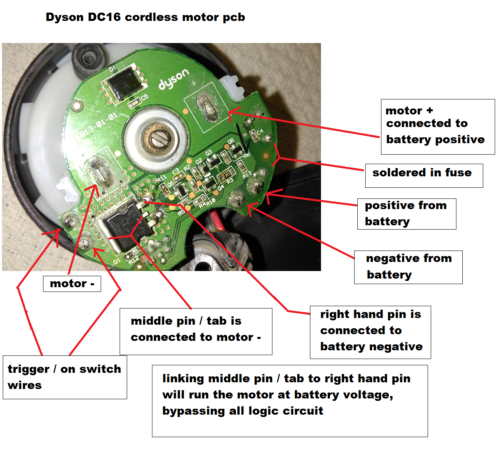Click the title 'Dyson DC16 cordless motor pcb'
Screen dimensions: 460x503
click(145, 17)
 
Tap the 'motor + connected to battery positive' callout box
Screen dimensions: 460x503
click(437, 126)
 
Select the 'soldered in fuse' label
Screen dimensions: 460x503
click(424, 175)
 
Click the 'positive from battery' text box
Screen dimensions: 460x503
click(406, 213)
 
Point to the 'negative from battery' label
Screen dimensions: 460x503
click(408, 267)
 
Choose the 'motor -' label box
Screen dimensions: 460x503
click(72, 284)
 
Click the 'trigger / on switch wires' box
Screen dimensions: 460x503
click(65, 377)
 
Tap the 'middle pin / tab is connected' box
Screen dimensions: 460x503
click(196, 331)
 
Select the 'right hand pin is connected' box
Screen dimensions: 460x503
click(370, 332)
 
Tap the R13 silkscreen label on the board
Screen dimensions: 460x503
click(247, 174)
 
